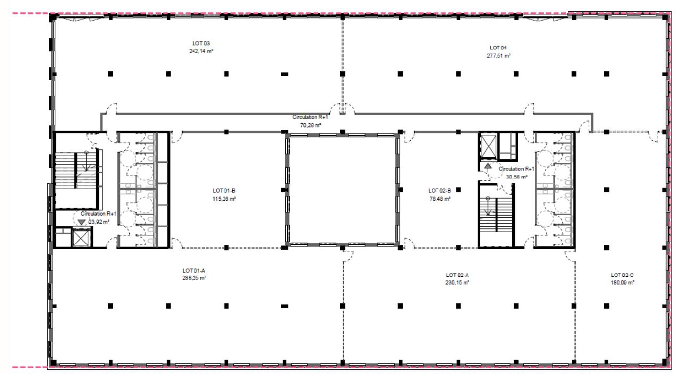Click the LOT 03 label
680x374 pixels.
pyautogui.click(x=201, y=44)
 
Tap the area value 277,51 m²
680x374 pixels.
pyautogui.click(x=498, y=56)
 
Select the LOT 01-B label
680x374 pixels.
pyautogui.click(x=224, y=191)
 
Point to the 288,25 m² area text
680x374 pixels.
pyautogui.click(x=194, y=278)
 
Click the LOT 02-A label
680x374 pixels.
pyautogui.click(x=457, y=275)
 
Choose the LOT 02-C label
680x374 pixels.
pyautogui.click(x=622, y=275)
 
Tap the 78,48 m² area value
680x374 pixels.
pyautogui.click(x=440, y=199)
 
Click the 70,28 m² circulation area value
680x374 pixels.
pyautogui.click(x=311, y=125)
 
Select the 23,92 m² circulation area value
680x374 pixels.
pyautogui.click(x=99, y=222)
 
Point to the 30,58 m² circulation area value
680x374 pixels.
pyautogui.click(x=517, y=177)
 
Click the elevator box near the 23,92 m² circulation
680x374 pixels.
pyautogui.click(x=81, y=237)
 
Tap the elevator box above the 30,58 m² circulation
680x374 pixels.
pyautogui.click(x=488, y=147)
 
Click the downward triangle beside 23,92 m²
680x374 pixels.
pyautogui.click(x=81, y=222)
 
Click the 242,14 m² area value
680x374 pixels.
pyautogui.click(x=201, y=52)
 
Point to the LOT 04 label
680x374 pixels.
pyautogui.click(x=498, y=48)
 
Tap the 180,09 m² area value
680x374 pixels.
pyautogui.click(x=623, y=283)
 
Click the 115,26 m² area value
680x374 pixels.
pyautogui.click(x=224, y=199)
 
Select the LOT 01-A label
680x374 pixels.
pyautogui.click(x=194, y=270)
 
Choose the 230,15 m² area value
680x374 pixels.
pyautogui.click(x=457, y=283)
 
